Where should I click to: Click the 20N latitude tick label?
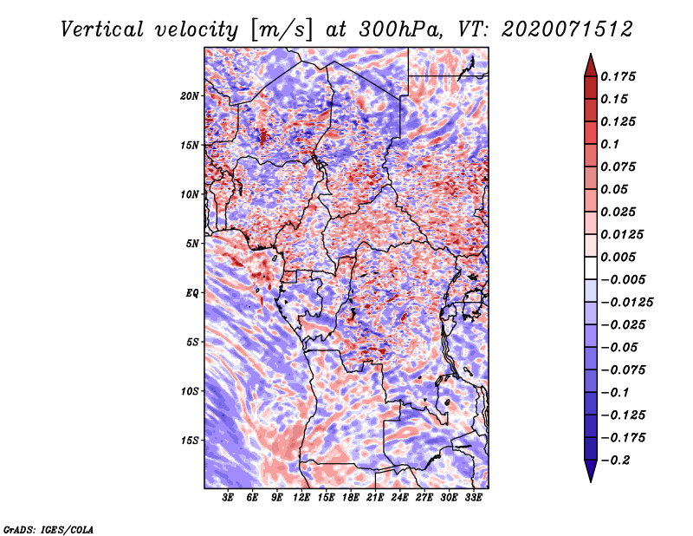tap(189, 96)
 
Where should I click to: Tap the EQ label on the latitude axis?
tap(191, 293)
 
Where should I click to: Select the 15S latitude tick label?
tap(190, 441)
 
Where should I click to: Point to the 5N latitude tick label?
tap(192, 244)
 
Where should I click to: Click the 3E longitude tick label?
tap(228, 498)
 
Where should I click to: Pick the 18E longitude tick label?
tap(351, 498)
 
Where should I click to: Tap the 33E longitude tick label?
tap(473, 498)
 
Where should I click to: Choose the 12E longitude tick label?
tap(301, 498)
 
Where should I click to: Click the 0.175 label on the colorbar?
tap(618, 76)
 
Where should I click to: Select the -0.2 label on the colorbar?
tap(615, 461)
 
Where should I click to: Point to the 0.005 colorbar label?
tap(618, 257)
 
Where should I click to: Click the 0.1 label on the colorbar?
tap(610, 144)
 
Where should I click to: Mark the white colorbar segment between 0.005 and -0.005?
tap(591, 268)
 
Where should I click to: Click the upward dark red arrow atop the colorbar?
tap(591, 65)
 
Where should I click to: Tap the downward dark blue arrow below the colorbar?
tap(591, 471)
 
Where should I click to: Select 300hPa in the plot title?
tap(400, 29)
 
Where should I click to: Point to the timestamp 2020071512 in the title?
tap(567, 29)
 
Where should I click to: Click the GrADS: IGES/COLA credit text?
tap(49, 529)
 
